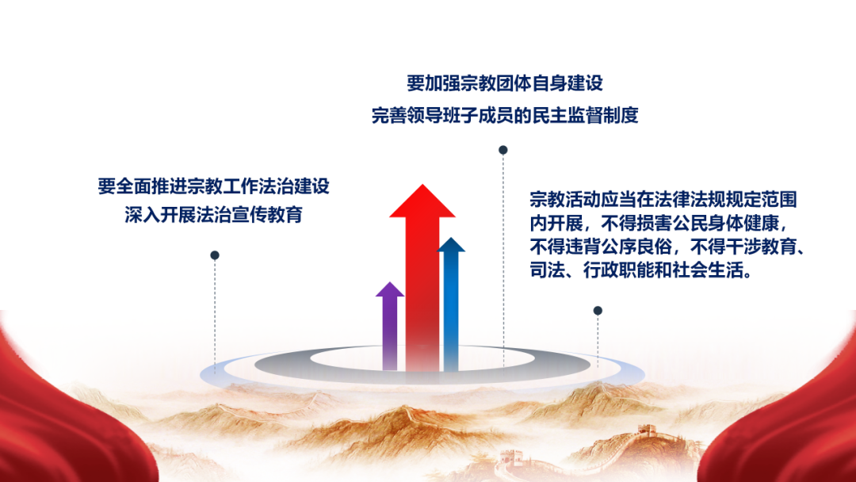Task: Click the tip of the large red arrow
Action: click(x=422, y=185)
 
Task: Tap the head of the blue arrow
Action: click(x=451, y=245)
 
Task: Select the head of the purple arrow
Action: click(x=390, y=290)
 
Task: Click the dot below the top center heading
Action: click(x=503, y=150)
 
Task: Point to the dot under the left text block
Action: click(x=215, y=255)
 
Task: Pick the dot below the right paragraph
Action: click(x=598, y=311)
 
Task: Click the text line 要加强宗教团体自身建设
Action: click(x=505, y=83)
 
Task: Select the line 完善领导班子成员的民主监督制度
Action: click(x=505, y=115)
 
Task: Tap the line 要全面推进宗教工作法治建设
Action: click(x=213, y=186)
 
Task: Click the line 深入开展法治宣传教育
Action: click(x=213, y=215)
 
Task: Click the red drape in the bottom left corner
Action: click(x=60, y=420)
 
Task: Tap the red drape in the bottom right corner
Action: click(x=792, y=420)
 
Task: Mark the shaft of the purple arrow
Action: click(x=390, y=334)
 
